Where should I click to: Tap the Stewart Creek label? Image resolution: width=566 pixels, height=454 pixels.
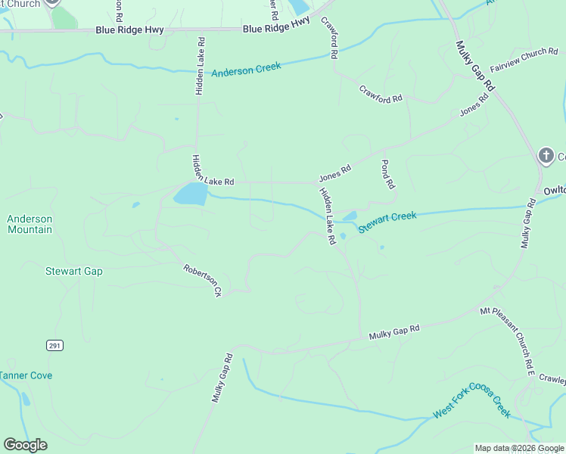click(387, 222)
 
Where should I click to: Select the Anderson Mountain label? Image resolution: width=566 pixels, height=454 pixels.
click(30, 224)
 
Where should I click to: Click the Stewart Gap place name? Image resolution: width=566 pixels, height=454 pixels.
click(73, 271)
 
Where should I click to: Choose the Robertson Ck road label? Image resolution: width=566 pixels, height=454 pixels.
click(202, 279)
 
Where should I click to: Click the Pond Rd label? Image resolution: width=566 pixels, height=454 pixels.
click(388, 174)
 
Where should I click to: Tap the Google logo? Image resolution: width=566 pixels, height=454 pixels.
click(25, 445)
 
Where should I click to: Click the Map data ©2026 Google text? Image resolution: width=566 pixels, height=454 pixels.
click(519, 448)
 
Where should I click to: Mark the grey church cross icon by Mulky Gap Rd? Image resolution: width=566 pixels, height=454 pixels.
click(546, 156)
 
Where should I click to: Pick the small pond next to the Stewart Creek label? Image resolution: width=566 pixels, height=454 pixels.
click(349, 217)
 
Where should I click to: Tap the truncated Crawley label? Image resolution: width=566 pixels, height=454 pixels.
click(553, 380)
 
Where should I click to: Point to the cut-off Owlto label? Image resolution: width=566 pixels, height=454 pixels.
click(554, 192)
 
